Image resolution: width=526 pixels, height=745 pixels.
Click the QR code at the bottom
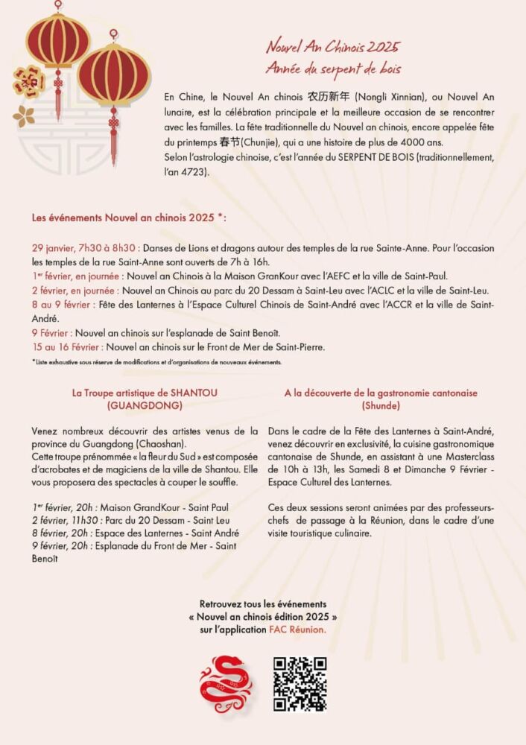(300, 684)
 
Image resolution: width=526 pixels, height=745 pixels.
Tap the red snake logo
(226, 685)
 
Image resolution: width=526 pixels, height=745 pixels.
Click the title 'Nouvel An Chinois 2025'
(333, 47)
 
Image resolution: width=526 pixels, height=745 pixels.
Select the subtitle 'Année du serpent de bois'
(333, 69)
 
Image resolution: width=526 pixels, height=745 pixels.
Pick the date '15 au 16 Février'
(68, 346)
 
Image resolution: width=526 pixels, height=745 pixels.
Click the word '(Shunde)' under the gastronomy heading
(380, 405)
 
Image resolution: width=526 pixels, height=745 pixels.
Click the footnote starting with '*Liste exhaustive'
(156, 362)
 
